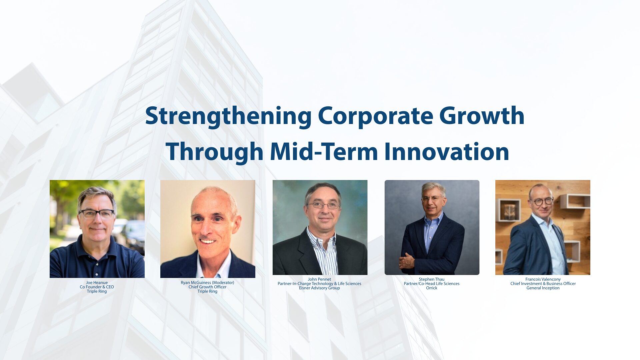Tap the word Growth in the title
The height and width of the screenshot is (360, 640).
482,116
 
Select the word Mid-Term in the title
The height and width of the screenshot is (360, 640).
324,152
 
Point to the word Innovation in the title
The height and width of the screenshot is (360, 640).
447,152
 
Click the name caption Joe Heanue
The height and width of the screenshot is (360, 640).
97,283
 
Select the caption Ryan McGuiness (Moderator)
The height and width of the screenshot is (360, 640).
207,283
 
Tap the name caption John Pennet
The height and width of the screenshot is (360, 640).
319,279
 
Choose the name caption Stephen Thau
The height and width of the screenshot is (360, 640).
431,279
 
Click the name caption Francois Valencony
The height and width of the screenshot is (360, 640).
543,279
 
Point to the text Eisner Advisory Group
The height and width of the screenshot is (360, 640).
319,288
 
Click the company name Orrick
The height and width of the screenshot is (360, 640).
431,288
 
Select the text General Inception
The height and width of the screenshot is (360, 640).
543,288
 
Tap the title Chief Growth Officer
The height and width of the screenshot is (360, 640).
207,287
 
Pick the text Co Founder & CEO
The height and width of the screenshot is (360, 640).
97,287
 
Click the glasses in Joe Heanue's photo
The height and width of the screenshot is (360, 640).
96,214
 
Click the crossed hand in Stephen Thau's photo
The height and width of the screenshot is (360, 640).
407,260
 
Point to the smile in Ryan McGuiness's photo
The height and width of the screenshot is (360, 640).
207,241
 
